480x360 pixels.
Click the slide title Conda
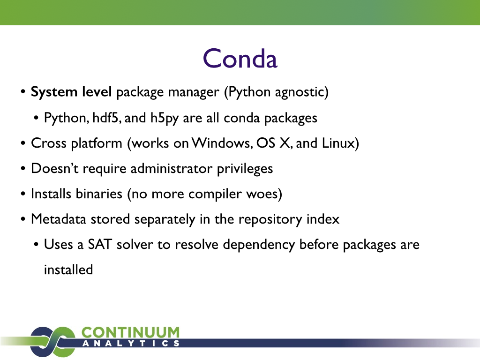coord(240,58)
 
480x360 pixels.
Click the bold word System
coord(54,92)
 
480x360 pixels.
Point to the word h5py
coord(165,119)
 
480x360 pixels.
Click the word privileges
coord(245,169)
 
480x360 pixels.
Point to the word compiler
coord(215,195)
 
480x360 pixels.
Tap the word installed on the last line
coord(68,270)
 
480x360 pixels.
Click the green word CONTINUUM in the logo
coord(130,332)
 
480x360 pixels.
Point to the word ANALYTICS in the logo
coord(131,344)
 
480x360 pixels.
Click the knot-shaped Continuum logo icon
coord(52,342)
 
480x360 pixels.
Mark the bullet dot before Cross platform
coord(23,143)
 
